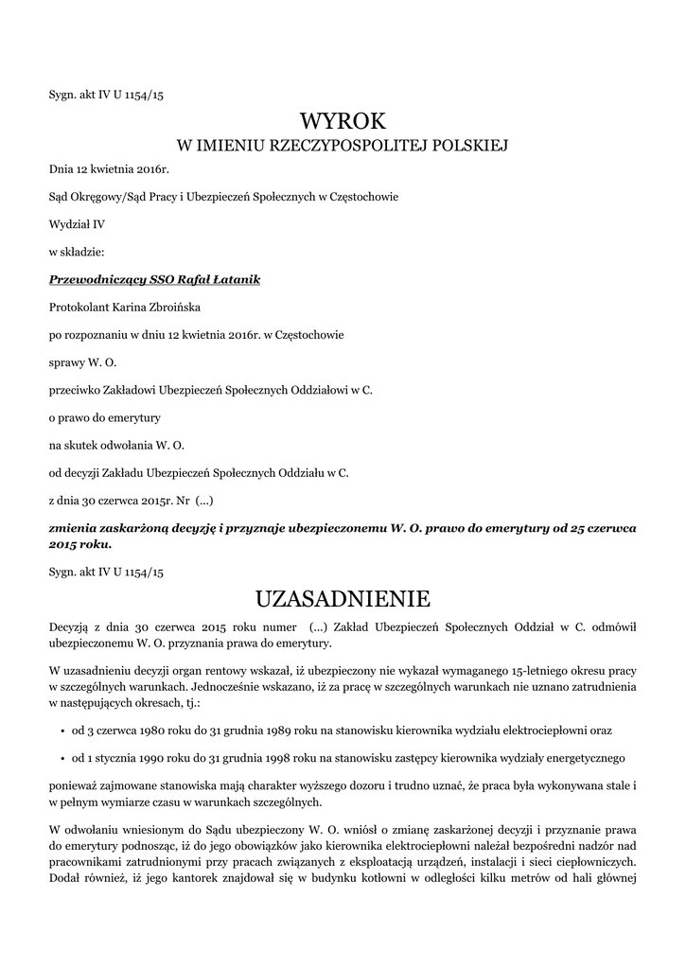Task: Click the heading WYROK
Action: pyautogui.click(x=343, y=121)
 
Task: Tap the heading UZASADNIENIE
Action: pyautogui.click(x=343, y=598)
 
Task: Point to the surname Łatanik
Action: pyautogui.click(x=237, y=280)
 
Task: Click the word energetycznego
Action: pyautogui.click(x=577, y=759)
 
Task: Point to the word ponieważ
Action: pyautogui.click(x=74, y=786)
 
